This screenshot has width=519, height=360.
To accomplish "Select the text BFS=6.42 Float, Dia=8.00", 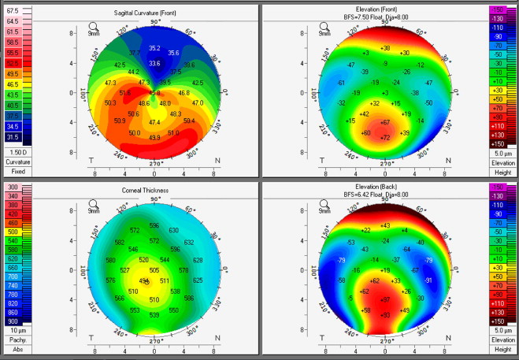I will [x=385, y=199].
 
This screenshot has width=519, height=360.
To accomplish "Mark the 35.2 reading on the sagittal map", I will [x=154, y=49].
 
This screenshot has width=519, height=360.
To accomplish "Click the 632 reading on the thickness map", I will [x=189, y=243].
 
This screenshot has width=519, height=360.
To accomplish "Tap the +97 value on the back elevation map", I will [x=385, y=300].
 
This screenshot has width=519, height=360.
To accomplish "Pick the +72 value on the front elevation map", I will [x=385, y=138].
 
